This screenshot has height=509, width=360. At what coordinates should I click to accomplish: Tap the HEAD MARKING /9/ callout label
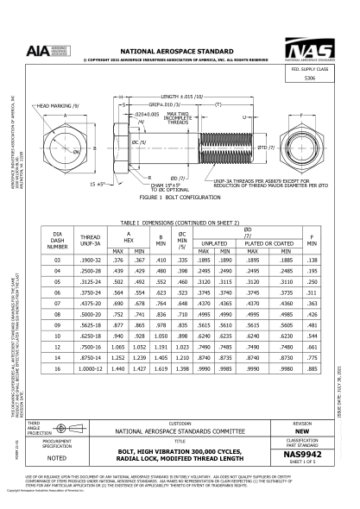tap(53, 105)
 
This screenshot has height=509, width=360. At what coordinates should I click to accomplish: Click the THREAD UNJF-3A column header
tap(90, 236)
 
